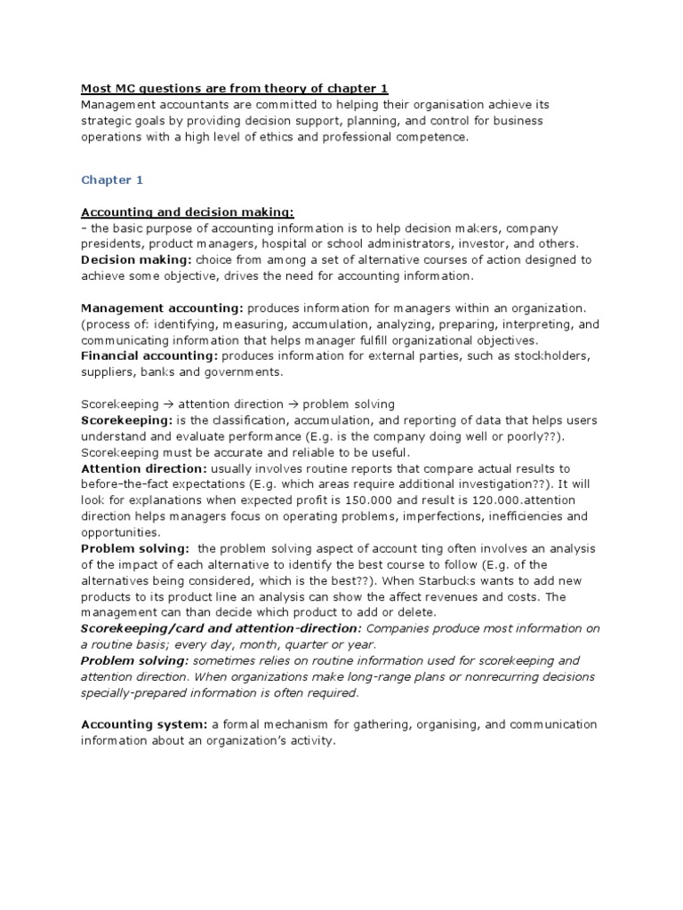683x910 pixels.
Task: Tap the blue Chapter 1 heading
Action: (112, 180)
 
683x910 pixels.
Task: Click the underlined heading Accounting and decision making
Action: (188, 212)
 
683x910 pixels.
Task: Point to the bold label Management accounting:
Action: (162, 307)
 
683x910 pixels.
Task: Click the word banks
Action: (161, 371)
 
